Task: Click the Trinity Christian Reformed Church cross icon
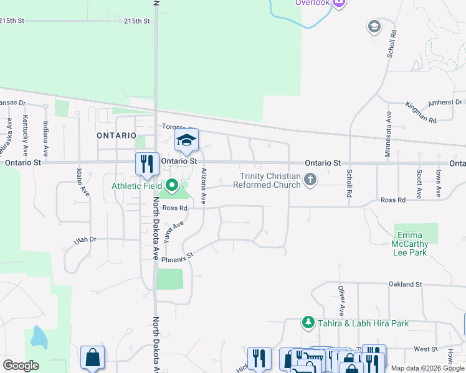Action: (x=310, y=180)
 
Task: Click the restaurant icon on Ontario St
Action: (x=147, y=163)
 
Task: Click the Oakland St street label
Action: (x=405, y=284)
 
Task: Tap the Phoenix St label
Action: (x=178, y=257)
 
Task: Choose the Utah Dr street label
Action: (x=85, y=239)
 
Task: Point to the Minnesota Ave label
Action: (x=388, y=134)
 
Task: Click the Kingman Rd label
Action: (x=423, y=115)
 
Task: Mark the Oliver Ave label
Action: (x=341, y=300)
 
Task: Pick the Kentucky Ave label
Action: (x=26, y=136)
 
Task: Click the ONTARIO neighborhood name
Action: (x=117, y=135)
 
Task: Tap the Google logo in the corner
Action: (x=21, y=365)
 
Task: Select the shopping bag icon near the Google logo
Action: (x=92, y=357)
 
